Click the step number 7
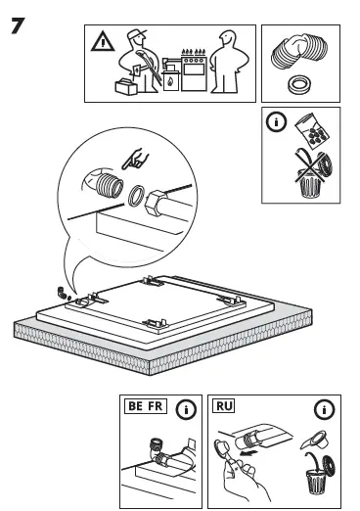pos(18,25)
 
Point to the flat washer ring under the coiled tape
pos(300,84)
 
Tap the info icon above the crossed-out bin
pos(278,123)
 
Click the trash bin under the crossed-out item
pos(306,180)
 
